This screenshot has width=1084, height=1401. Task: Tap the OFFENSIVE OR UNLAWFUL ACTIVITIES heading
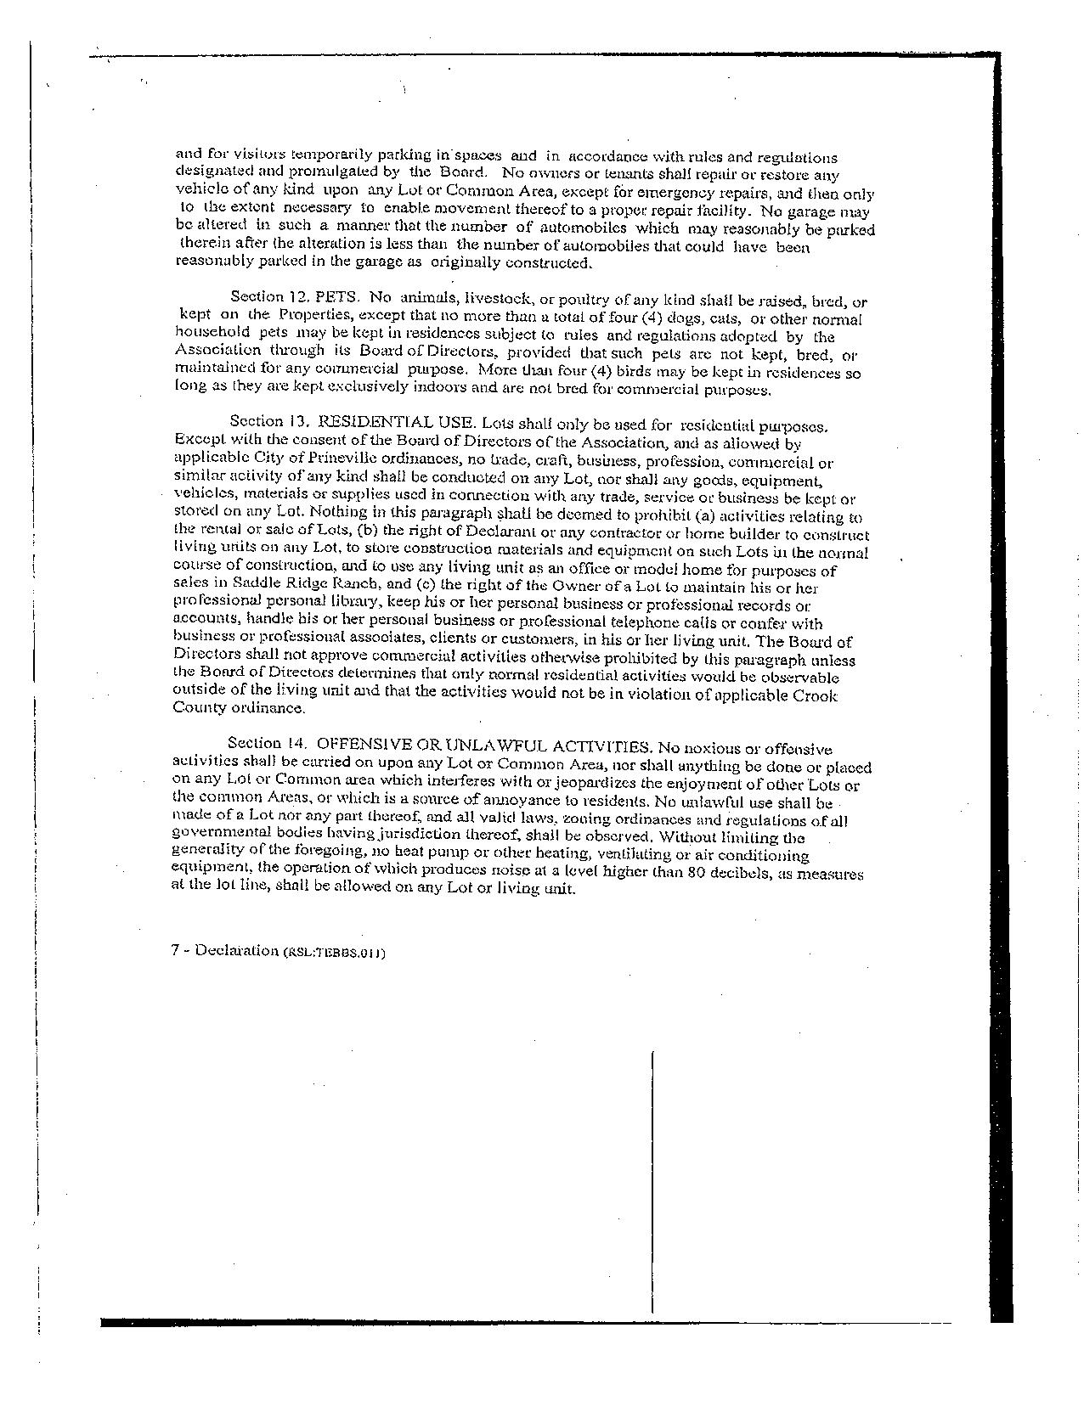(x=484, y=746)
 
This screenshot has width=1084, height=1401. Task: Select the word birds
(x=663, y=372)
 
